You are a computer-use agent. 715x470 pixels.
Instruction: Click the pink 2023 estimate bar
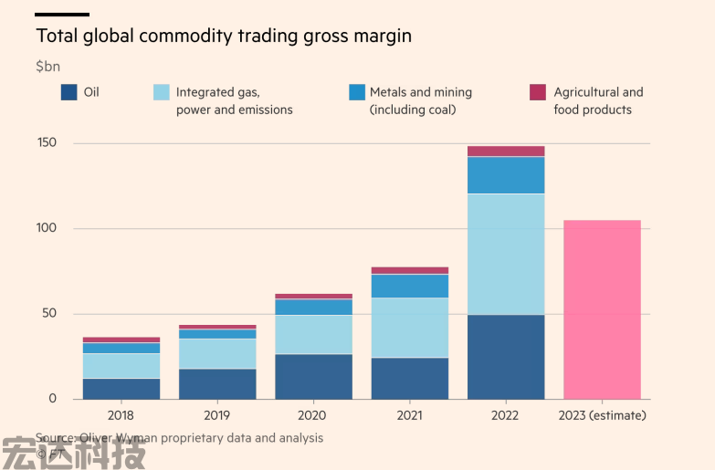pyautogui.click(x=602, y=309)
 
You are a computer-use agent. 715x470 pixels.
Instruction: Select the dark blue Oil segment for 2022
pyautogui.click(x=506, y=357)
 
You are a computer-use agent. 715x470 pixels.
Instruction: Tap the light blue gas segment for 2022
pyautogui.click(x=506, y=255)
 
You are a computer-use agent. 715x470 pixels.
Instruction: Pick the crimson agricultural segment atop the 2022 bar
pyautogui.click(x=506, y=151)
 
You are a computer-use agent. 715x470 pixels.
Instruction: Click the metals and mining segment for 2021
pyautogui.click(x=409, y=286)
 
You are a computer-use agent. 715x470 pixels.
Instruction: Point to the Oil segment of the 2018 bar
pyautogui.click(x=121, y=389)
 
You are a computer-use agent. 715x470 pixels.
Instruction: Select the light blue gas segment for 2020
pyautogui.click(x=313, y=334)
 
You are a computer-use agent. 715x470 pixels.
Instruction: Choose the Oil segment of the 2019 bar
pyautogui.click(x=217, y=383)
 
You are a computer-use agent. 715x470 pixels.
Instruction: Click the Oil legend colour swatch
pyautogui.click(x=68, y=92)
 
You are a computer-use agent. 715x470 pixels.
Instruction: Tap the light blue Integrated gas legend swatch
pyautogui.click(x=161, y=92)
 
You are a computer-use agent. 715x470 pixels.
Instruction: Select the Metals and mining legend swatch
pyautogui.click(x=357, y=92)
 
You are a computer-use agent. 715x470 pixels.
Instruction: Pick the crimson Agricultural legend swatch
pyautogui.click(x=538, y=92)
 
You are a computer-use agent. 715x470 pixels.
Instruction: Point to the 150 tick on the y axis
pyautogui.click(x=47, y=143)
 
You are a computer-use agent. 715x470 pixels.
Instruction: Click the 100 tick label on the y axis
pyautogui.click(x=47, y=228)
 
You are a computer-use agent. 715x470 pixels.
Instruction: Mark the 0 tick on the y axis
pyautogui.click(x=52, y=399)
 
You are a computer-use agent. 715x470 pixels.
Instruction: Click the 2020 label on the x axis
pyautogui.click(x=313, y=415)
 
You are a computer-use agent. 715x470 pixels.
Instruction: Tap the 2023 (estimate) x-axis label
pyautogui.click(x=602, y=415)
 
